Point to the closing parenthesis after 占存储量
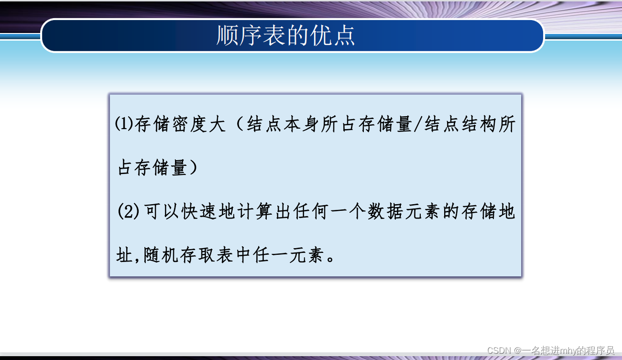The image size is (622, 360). coord(193,168)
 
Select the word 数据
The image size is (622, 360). coord(385,212)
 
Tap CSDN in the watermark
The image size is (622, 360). coord(500,350)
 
